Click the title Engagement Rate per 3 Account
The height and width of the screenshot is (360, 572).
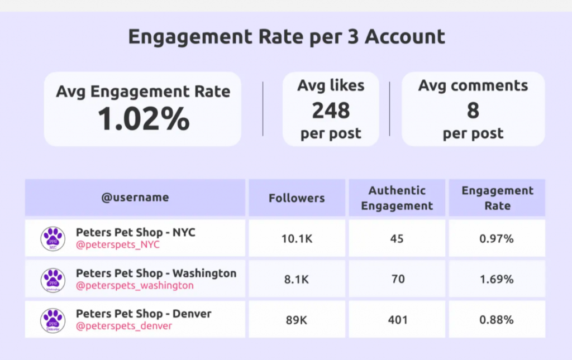click(x=287, y=37)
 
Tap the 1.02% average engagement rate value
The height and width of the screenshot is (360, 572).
click(x=144, y=119)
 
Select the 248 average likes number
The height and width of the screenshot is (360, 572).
click(x=331, y=111)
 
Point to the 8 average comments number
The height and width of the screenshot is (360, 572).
click(x=473, y=111)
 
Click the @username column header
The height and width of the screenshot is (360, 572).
click(x=135, y=198)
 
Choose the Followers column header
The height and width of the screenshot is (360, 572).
click(x=297, y=198)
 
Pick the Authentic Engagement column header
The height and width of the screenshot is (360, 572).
click(x=397, y=198)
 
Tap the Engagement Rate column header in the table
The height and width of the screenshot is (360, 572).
click(x=497, y=198)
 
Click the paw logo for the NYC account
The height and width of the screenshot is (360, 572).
click(x=53, y=238)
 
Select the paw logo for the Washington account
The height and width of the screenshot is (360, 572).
click(x=53, y=280)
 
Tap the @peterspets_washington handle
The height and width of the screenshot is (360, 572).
click(x=135, y=286)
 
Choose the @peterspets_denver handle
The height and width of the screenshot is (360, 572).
click(x=124, y=327)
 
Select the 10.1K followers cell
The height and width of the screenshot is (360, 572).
click(x=297, y=239)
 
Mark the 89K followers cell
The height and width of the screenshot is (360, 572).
click(x=297, y=320)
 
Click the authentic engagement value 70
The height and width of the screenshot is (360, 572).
click(x=397, y=279)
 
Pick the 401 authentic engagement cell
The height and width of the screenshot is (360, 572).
click(x=397, y=320)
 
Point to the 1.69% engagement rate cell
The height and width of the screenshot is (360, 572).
click(x=497, y=279)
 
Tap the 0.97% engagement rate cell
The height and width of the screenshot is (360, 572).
click(x=497, y=239)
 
